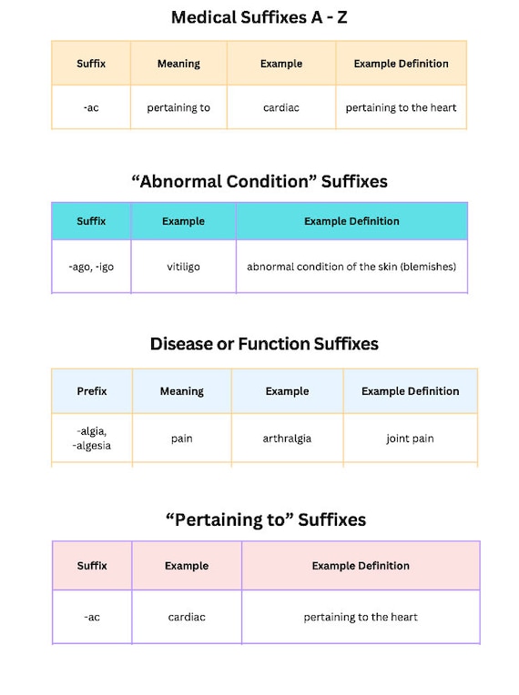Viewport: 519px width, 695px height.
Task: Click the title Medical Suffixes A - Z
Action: pyautogui.click(x=259, y=17)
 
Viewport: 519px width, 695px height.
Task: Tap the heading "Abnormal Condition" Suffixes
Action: pyautogui.click(x=259, y=181)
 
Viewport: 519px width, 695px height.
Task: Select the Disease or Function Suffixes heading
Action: pyautogui.click(x=264, y=344)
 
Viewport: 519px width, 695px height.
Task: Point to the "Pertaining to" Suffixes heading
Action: pyautogui.click(x=266, y=519)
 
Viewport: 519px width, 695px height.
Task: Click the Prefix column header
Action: pyautogui.click(x=92, y=391)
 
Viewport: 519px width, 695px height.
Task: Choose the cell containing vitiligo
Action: pyautogui.click(x=183, y=267)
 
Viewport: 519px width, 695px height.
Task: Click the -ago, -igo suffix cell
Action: pyautogui.click(x=91, y=267)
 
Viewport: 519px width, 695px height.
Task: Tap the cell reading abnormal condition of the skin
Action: pyautogui.click(x=351, y=267)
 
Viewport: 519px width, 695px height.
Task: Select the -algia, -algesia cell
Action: pyautogui.click(x=92, y=438)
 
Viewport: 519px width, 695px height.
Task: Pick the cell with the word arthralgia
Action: pyautogui.click(x=287, y=438)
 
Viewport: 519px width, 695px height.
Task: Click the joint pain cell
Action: pyautogui.click(x=410, y=438)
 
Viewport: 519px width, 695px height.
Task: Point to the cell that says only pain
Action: pyautogui.click(x=182, y=438)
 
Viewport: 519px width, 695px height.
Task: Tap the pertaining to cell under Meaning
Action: pyautogui.click(x=178, y=107)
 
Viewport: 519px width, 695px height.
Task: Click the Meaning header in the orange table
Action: pyautogui.click(x=178, y=64)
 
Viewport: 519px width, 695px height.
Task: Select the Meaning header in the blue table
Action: pyautogui.click(x=182, y=391)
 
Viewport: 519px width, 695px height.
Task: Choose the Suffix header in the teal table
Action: pyautogui.click(x=91, y=221)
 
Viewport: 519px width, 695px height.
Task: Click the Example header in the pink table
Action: pyautogui.click(x=187, y=566)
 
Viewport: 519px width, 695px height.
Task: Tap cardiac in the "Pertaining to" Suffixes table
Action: pyautogui.click(x=187, y=617)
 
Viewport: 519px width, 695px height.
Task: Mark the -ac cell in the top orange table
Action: pyautogui.click(x=91, y=107)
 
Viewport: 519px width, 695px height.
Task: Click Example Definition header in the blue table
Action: pyautogui.click(x=411, y=391)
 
